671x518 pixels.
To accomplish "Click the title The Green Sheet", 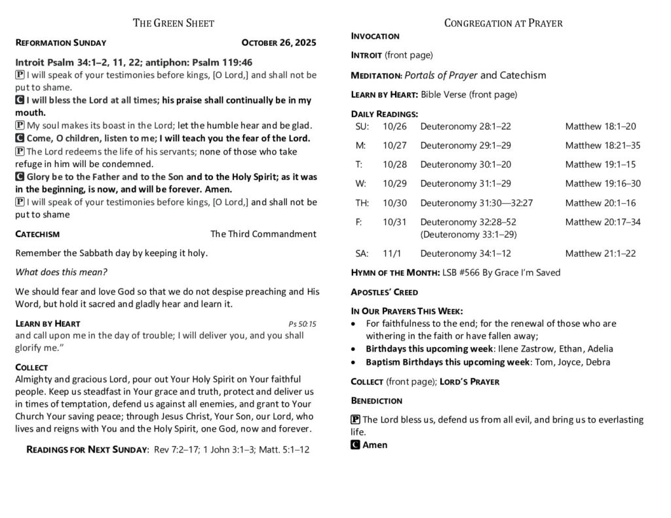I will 173,24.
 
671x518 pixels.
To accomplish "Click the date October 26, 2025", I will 278,43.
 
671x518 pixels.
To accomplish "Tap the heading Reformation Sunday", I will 60,43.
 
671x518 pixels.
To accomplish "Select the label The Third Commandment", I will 263,234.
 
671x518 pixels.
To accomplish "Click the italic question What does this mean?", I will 61,272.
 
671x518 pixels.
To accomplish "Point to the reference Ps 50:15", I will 302,324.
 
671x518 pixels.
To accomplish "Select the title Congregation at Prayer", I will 503,24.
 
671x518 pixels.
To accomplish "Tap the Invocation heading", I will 375,36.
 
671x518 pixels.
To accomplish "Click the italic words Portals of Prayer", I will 441,75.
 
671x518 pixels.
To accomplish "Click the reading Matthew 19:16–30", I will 603,183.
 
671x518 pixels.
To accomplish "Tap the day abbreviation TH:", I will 362,203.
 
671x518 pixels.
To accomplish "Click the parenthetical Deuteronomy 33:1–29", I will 469,234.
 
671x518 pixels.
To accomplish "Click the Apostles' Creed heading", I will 384,292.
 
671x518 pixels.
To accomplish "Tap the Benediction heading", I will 377,400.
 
